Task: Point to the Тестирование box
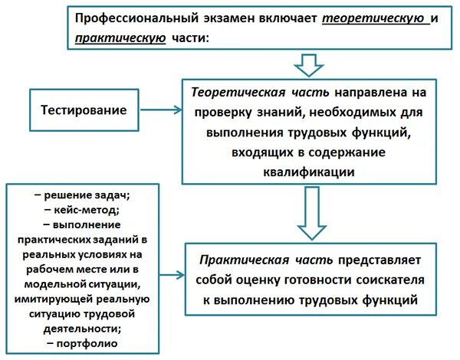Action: pyautogui.click(x=84, y=110)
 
